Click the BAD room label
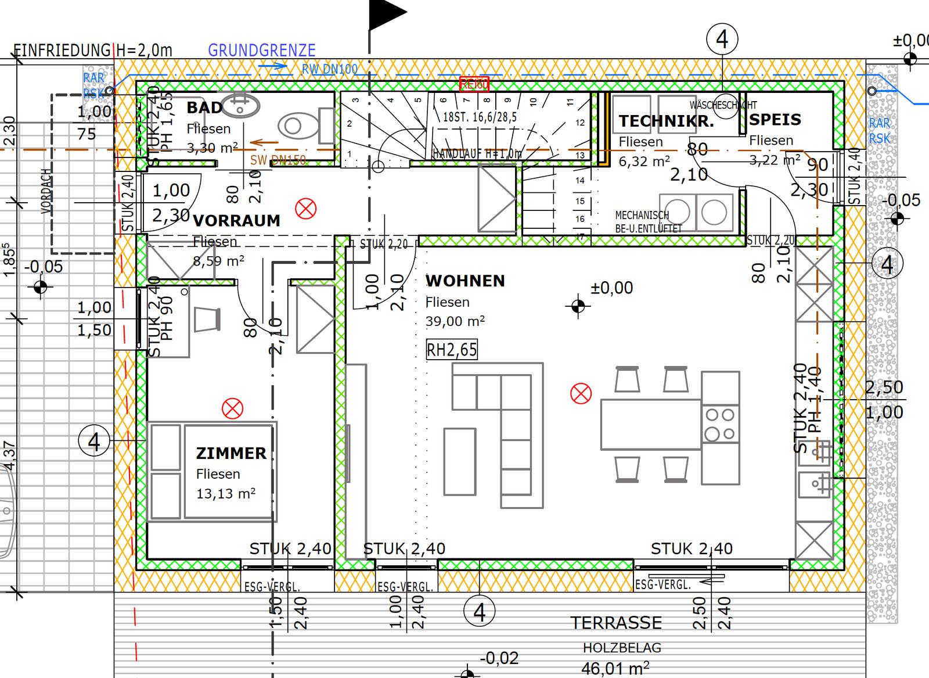coord(204,107)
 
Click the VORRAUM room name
coord(236,221)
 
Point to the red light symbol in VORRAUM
coord(305,208)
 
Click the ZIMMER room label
coord(231,453)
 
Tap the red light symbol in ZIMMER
coord(232,408)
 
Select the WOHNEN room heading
coord(465,281)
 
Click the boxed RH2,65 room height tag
coord(452,350)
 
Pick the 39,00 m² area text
coord(455,321)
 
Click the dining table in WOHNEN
coord(651,424)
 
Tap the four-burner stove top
coord(720,424)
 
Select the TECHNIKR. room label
coord(666,121)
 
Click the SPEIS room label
coord(775,120)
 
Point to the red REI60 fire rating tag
coord(474,85)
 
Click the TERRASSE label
coord(616,623)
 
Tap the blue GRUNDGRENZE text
coord(262,51)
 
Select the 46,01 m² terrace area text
coord(615,668)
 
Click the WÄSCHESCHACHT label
coord(723,105)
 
